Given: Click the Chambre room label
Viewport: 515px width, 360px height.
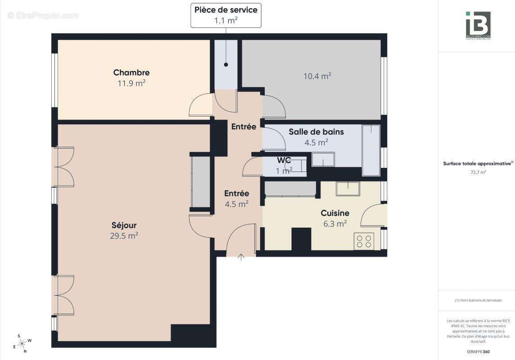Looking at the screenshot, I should tap(131, 72).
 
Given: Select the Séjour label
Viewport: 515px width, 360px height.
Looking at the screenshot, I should tap(124, 225).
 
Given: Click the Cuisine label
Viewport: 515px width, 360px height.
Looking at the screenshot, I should tap(334, 213).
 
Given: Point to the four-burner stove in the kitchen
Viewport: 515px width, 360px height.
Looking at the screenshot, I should tap(364, 241).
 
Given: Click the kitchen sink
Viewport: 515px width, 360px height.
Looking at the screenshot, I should tap(347, 189).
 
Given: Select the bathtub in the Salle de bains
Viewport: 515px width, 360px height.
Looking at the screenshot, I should tap(371, 150).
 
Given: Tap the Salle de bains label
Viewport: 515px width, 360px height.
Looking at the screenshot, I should tap(316, 132).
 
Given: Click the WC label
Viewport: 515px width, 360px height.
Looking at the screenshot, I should tap(284, 160).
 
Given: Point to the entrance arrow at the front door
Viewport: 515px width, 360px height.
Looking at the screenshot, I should tap(241, 257).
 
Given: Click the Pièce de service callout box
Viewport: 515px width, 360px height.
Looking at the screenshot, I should tap(226, 15).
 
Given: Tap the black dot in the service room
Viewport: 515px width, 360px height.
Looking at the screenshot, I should tap(226, 65).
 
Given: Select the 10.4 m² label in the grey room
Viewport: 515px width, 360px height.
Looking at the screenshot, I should tap(317, 76).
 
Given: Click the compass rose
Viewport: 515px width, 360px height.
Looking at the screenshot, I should tap(22, 343).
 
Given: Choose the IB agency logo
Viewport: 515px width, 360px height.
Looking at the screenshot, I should tap(478, 25).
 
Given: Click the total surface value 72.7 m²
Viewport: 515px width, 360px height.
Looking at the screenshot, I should tap(478, 172).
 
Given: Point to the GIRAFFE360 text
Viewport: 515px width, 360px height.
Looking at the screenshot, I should tap(478, 351).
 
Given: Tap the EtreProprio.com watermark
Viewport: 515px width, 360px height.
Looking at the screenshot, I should tap(43, 16).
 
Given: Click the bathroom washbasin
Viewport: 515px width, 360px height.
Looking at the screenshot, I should tap(323, 159).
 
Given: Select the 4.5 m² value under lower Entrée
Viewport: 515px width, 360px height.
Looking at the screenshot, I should tap(237, 204).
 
